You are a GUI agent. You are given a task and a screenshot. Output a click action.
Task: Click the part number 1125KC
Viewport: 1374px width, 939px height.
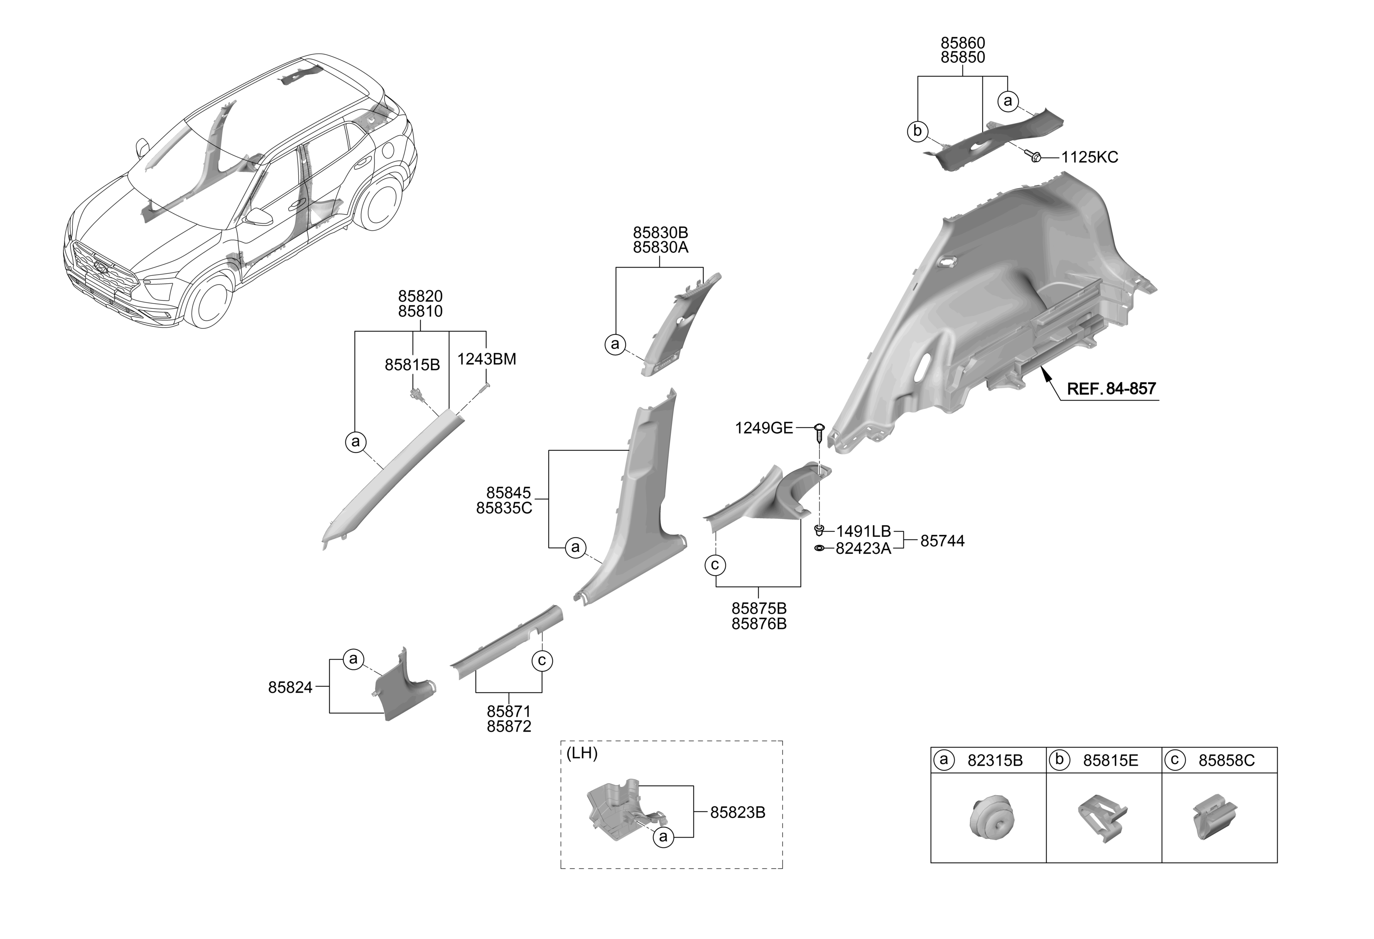click(x=1089, y=157)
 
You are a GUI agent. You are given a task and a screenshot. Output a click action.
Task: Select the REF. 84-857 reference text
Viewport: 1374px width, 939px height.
click(x=1111, y=389)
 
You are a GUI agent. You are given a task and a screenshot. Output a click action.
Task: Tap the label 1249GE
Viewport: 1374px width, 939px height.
click(x=763, y=428)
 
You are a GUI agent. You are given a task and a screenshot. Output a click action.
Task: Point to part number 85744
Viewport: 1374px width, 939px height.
click(x=942, y=541)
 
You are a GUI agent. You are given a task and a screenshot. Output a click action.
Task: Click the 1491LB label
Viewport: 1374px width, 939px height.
click(x=863, y=531)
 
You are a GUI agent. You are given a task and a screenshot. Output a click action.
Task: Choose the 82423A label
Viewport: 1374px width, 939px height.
click(x=863, y=549)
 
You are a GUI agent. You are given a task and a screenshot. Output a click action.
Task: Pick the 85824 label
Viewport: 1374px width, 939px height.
click(x=290, y=688)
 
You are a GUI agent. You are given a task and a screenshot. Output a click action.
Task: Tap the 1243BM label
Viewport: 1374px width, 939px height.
click(x=486, y=359)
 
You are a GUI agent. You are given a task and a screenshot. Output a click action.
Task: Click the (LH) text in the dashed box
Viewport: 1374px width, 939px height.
click(x=582, y=753)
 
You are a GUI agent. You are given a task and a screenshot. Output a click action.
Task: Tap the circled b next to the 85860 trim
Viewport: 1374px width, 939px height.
click(x=918, y=131)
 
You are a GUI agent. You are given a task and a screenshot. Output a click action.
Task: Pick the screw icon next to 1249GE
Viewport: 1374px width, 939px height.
click(x=819, y=435)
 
